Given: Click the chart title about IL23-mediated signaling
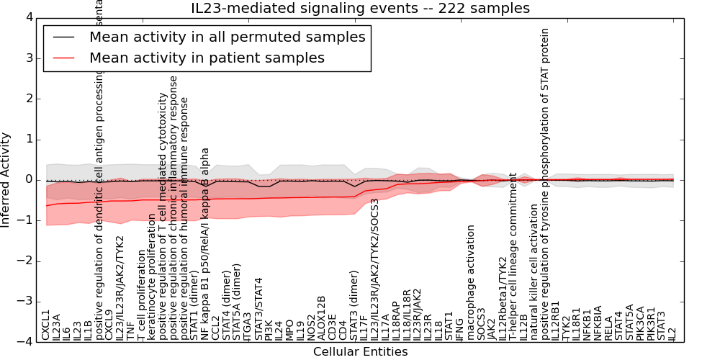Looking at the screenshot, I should click(360, 9).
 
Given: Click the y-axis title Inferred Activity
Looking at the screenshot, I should click(6, 179).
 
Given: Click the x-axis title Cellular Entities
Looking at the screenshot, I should click(360, 352).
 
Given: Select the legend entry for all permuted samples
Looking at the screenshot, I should click(227, 37).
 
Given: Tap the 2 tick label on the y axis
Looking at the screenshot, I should click(27, 98).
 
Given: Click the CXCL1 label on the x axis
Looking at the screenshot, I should click(46, 325).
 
